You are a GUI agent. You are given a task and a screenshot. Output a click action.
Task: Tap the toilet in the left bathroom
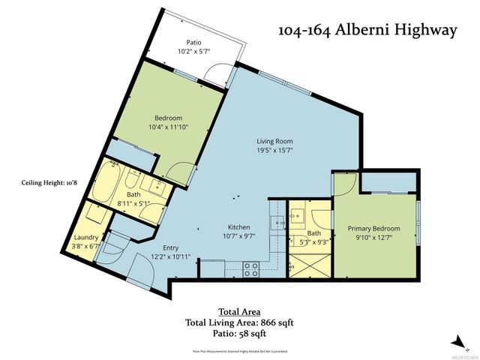coord(135,180)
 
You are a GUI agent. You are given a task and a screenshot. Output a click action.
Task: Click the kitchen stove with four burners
coord(250,266)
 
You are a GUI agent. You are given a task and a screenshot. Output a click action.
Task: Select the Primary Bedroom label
coord(373,229)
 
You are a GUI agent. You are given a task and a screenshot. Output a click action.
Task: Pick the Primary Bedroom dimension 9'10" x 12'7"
coord(373,238)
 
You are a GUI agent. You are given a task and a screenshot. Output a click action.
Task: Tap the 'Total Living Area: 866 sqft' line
coord(239,323)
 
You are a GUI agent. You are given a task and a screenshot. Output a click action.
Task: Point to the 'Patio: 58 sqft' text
coord(239,334)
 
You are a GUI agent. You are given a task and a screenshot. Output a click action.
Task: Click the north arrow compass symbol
coord(454,340)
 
